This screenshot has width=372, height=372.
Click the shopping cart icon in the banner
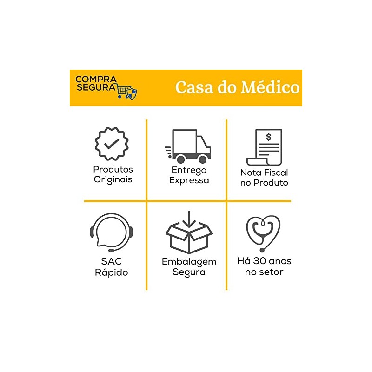click(x=123, y=91)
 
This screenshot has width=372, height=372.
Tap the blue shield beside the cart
click(x=133, y=93)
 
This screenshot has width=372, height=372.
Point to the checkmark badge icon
click(x=112, y=144)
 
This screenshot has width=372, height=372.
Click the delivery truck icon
click(x=188, y=146)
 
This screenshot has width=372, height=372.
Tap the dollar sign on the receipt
click(x=269, y=137)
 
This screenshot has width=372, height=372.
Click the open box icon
click(x=189, y=238)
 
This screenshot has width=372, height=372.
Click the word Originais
click(x=113, y=179)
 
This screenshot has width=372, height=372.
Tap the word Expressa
click(x=189, y=180)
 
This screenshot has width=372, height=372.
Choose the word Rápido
click(x=112, y=272)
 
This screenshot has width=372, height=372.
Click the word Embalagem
click(x=189, y=262)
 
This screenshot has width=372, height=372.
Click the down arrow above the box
click(x=189, y=219)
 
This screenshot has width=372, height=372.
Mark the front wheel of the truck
click(x=203, y=159)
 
